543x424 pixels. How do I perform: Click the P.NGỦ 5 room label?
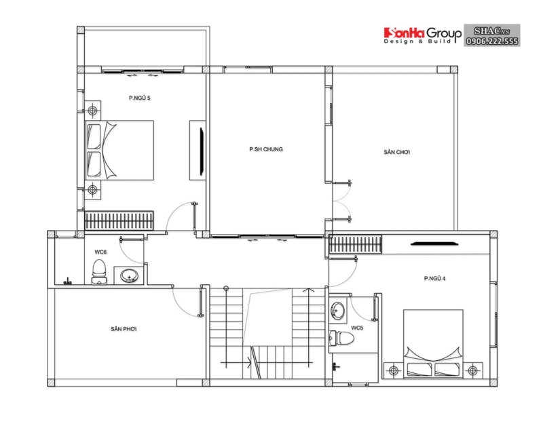[139, 98]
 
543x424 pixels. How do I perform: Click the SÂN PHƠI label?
[124, 329]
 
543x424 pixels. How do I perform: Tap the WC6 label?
[99, 252]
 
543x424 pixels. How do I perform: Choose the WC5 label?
[357, 328]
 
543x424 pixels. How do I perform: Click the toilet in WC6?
[99, 269]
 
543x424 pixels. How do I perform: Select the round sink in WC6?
[128, 275]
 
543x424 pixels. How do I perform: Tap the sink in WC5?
[338, 311]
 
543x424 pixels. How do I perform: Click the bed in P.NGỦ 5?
[119, 151]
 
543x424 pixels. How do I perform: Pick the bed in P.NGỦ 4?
[435, 343]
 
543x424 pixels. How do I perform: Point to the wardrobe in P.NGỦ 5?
[119, 220]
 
